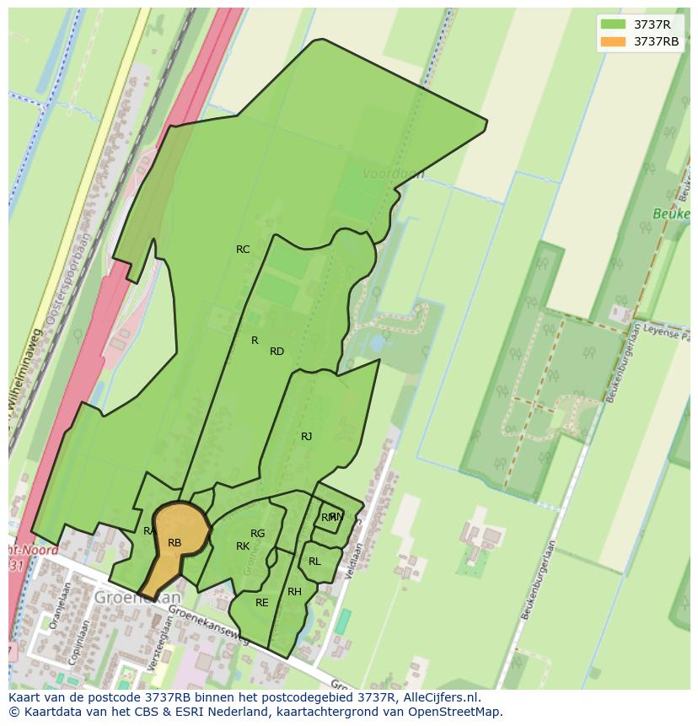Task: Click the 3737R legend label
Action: pos(652,24)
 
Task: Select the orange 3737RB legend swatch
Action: pos(613,41)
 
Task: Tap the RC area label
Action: pos(243,250)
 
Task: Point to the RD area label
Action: pos(277,352)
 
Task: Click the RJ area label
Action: pos(306,437)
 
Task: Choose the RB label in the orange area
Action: pos(174,543)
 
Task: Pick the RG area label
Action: pos(258,534)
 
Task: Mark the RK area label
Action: pos(243,546)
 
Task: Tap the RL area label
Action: pos(314,562)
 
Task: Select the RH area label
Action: pos(294,592)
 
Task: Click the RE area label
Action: pos(262,603)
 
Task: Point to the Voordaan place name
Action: pos(393,174)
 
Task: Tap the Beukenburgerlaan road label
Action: pos(538,581)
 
